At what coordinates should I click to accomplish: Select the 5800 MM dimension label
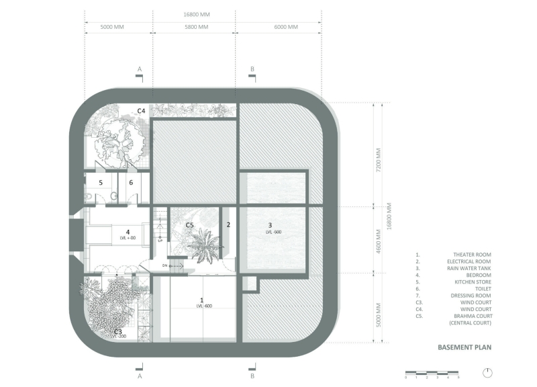195,28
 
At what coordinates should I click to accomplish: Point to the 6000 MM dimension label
279,28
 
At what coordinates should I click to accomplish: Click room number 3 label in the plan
270,225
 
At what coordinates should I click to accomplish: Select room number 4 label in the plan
128,232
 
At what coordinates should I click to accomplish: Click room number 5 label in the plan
101,182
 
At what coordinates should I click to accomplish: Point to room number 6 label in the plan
132,182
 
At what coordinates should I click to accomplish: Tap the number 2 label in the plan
228,225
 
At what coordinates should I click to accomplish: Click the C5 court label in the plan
189,225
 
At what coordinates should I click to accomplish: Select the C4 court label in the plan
142,110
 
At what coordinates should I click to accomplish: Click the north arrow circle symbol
487,373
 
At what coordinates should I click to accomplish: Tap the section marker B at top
252,70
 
